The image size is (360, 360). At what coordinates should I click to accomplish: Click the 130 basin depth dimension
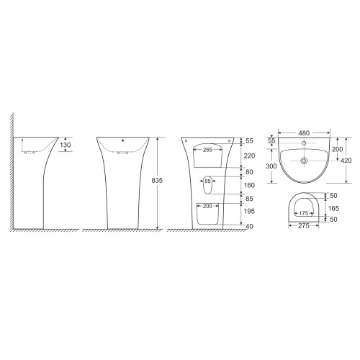coord(66,145)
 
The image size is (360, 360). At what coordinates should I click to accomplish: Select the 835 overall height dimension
coord(157,180)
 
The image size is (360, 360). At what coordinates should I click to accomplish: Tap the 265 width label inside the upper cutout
coord(207,150)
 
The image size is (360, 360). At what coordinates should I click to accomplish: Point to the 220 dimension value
coord(249,156)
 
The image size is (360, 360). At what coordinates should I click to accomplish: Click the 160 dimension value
coord(249,185)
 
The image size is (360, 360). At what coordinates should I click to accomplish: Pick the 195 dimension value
coord(249,211)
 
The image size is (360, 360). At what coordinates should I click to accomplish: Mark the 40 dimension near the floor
coord(250,226)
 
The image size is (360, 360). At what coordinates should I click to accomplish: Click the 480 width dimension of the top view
coord(304,132)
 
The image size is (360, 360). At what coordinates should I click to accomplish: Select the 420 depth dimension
coord(346,161)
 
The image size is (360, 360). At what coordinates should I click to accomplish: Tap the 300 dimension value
coord(271,166)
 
